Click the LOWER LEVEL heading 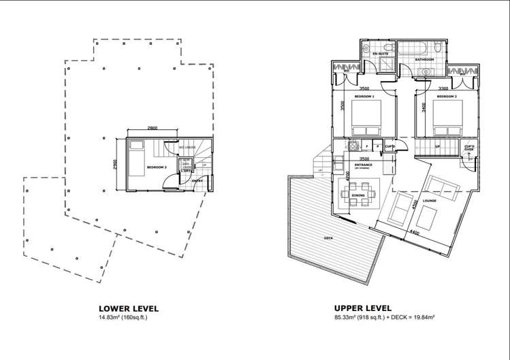(x=128, y=308)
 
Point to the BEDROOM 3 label (x=157, y=166)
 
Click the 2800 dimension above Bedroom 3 (x=153, y=129)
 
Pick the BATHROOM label (x=425, y=60)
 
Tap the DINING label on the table (x=359, y=195)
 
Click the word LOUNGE (x=429, y=200)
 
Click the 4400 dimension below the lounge (x=415, y=232)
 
